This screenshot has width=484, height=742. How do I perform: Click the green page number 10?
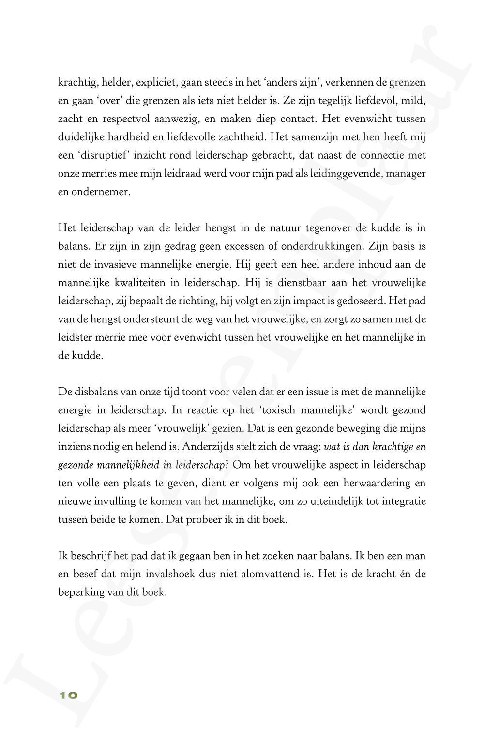coord(68,696)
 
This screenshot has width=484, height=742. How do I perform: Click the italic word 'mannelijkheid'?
coord(128,465)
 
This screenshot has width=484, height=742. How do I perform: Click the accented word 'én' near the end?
coord(405,574)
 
